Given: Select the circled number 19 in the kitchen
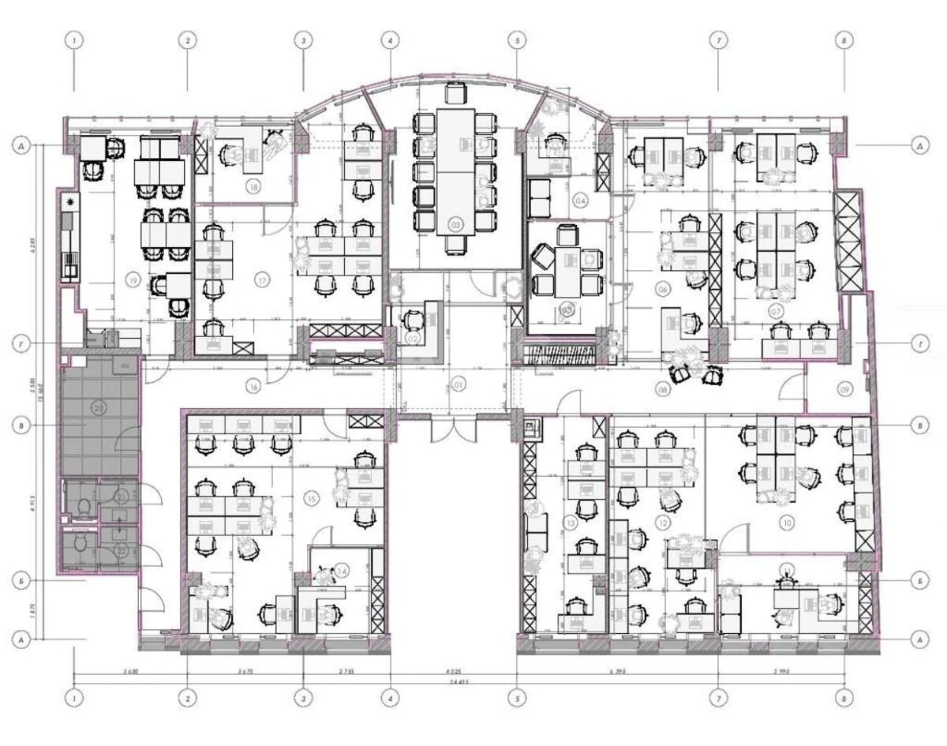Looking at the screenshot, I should point(132,279).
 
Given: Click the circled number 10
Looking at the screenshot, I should point(787,522).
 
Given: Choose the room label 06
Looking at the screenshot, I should point(663,290).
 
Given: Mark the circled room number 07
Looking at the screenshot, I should point(777,312).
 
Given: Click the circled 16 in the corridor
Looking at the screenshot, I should point(253,386).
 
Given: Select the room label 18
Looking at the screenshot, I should point(253,187).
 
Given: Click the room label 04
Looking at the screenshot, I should point(581,201).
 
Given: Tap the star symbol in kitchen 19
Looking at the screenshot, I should point(72,204).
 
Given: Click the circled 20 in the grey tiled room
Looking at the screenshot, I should point(99,407).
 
